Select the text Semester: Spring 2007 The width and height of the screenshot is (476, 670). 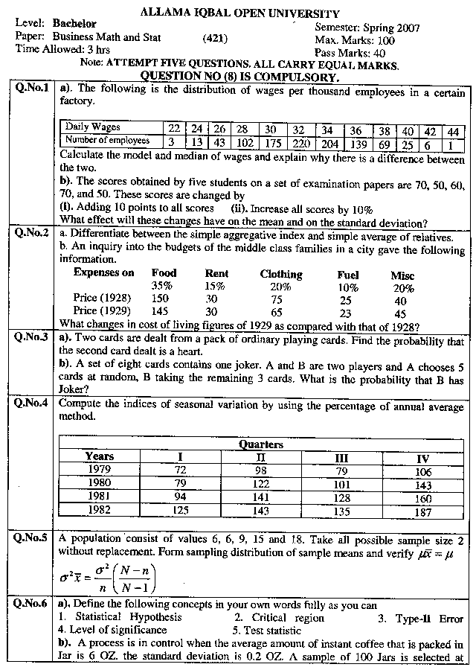pyautogui.click(x=367, y=28)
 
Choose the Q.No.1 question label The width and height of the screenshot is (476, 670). pyautogui.click(x=31, y=88)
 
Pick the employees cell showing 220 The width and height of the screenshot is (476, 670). pyautogui.click(x=300, y=141)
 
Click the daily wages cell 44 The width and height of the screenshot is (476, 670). pyautogui.click(x=451, y=129)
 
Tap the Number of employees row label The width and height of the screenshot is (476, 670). pyautogui.click(x=107, y=140)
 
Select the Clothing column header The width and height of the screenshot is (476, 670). pyautogui.click(x=281, y=274)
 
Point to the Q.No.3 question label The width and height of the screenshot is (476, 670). pyautogui.click(x=31, y=337)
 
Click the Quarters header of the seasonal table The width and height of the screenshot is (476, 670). pyautogui.click(x=260, y=444)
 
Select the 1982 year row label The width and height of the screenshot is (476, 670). pyautogui.click(x=99, y=510)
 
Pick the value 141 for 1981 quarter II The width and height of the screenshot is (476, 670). pyautogui.click(x=261, y=497)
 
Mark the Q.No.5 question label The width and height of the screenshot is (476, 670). pyautogui.click(x=31, y=537)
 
